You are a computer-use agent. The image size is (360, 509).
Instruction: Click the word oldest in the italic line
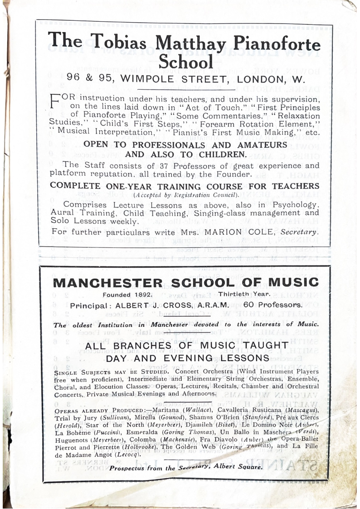[82, 325]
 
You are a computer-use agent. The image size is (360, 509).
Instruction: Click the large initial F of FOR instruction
[54, 100]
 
